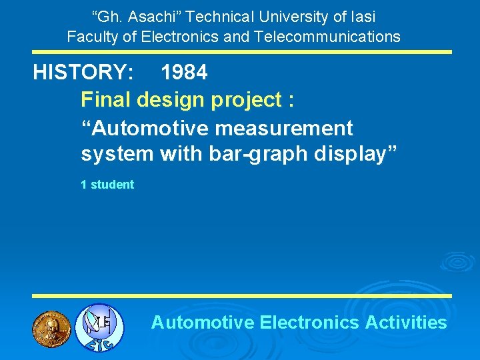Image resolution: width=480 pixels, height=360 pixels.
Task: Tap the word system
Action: coord(117,155)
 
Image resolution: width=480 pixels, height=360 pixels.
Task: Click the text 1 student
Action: coord(107,185)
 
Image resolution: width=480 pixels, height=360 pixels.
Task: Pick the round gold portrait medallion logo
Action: coord(51,327)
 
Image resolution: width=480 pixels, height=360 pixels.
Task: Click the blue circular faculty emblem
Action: coord(98,327)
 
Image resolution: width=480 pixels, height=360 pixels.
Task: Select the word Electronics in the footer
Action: coord(309,323)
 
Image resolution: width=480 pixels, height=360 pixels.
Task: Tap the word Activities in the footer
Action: coord(406,323)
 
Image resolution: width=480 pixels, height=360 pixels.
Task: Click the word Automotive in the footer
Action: coord(203,323)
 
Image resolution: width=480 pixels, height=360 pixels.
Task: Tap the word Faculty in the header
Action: coord(92,36)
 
